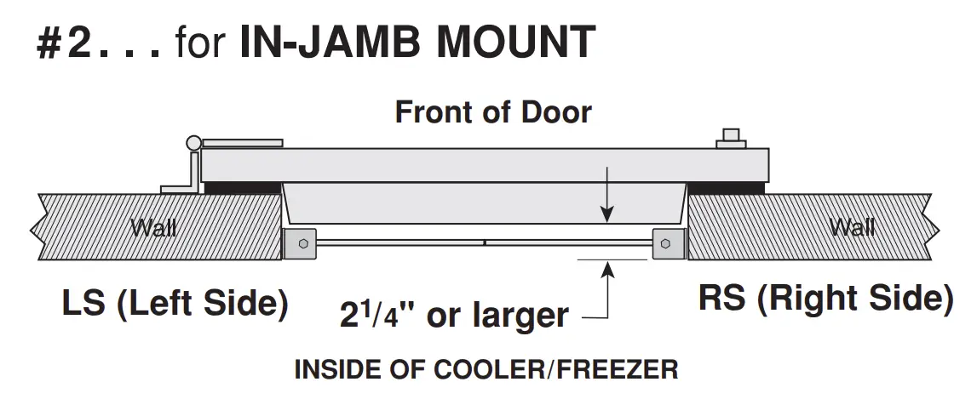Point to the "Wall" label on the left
pyautogui.click(x=153, y=227)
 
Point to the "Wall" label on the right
pyautogui.click(x=852, y=227)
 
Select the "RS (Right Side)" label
pyautogui.click(x=825, y=299)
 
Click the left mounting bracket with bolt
pyautogui.click(x=300, y=244)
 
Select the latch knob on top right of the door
pyautogui.click(x=731, y=139)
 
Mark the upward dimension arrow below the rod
pyautogui.click(x=606, y=281)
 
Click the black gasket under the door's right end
pyautogui.click(x=728, y=186)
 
